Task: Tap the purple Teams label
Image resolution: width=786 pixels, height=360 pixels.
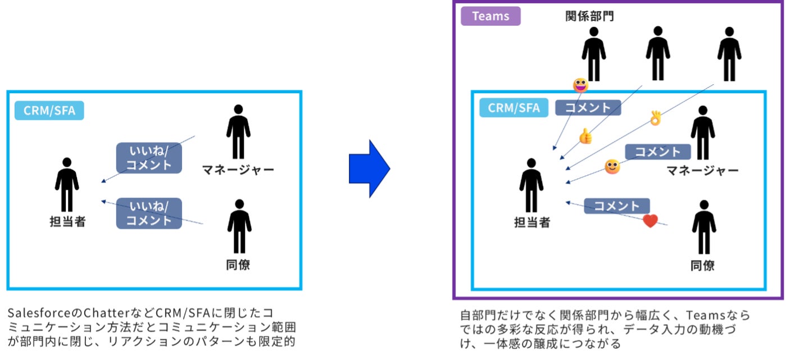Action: pyautogui.click(x=490, y=16)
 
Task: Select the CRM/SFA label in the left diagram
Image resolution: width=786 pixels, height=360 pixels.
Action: pyautogui.click(x=49, y=111)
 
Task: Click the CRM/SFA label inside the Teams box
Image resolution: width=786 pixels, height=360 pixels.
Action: pyautogui.click(x=514, y=107)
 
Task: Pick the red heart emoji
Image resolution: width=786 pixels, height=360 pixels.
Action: pyautogui.click(x=650, y=221)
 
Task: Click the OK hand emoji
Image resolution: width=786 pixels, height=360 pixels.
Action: pyautogui.click(x=655, y=118)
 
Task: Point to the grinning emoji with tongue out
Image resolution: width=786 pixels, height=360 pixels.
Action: pyautogui.click(x=580, y=85)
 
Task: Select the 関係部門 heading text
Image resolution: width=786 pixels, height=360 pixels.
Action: pyautogui.click(x=589, y=16)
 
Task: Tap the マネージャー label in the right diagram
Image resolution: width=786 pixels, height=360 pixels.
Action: pyautogui.click(x=702, y=171)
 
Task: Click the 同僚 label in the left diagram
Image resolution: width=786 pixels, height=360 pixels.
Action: pyautogui.click(x=238, y=265)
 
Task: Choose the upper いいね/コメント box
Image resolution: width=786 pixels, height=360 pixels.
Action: pyautogui.click(x=149, y=158)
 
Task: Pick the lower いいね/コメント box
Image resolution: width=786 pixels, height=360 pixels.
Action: pyautogui.click(x=149, y=213)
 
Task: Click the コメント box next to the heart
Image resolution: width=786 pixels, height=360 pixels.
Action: pyautogui.click(x=616, y=206)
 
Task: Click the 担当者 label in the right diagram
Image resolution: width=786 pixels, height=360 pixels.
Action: pyautogui.click(x=532, y=223)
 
